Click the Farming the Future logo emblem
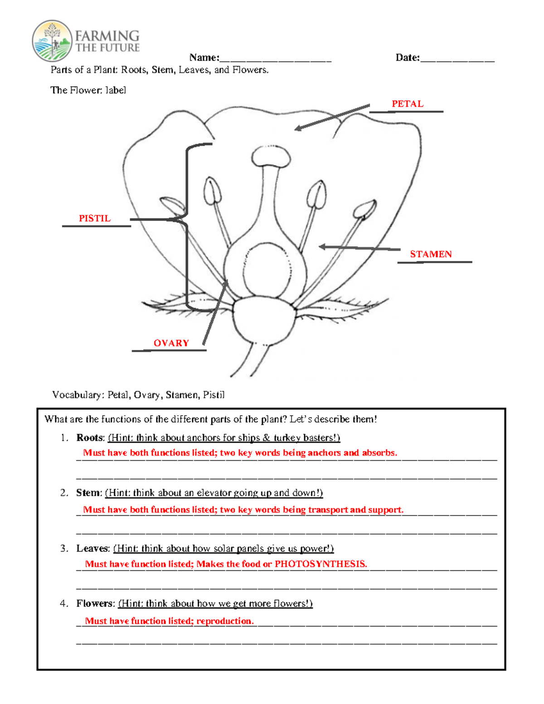click(52, 41)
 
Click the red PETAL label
click(408, 104)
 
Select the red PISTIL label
click(95, 218)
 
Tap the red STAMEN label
click(431, 254)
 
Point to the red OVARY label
click(171, 343)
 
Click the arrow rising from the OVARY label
click(215, 313)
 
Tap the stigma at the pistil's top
click(271, 157)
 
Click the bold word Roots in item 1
click(90, 438)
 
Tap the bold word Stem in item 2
click(88, 493)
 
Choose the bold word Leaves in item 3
click(92, 549)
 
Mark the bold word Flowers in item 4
click(95, 603)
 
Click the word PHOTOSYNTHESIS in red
click(321, 564)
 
